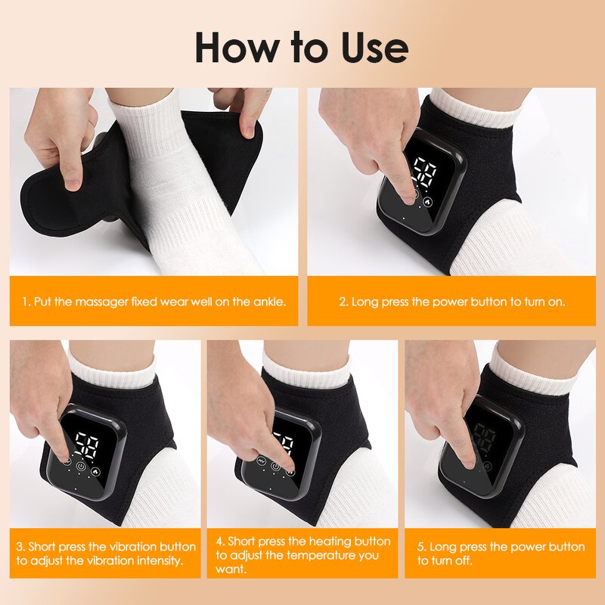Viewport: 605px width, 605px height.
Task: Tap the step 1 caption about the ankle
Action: (x=154, y=302)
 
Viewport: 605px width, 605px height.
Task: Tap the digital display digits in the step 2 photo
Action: (x=422, y=173)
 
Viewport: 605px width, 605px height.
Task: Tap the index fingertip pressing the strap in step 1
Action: (x=73, y=181)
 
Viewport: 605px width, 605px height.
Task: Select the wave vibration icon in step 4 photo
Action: (x=262, y=461)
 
